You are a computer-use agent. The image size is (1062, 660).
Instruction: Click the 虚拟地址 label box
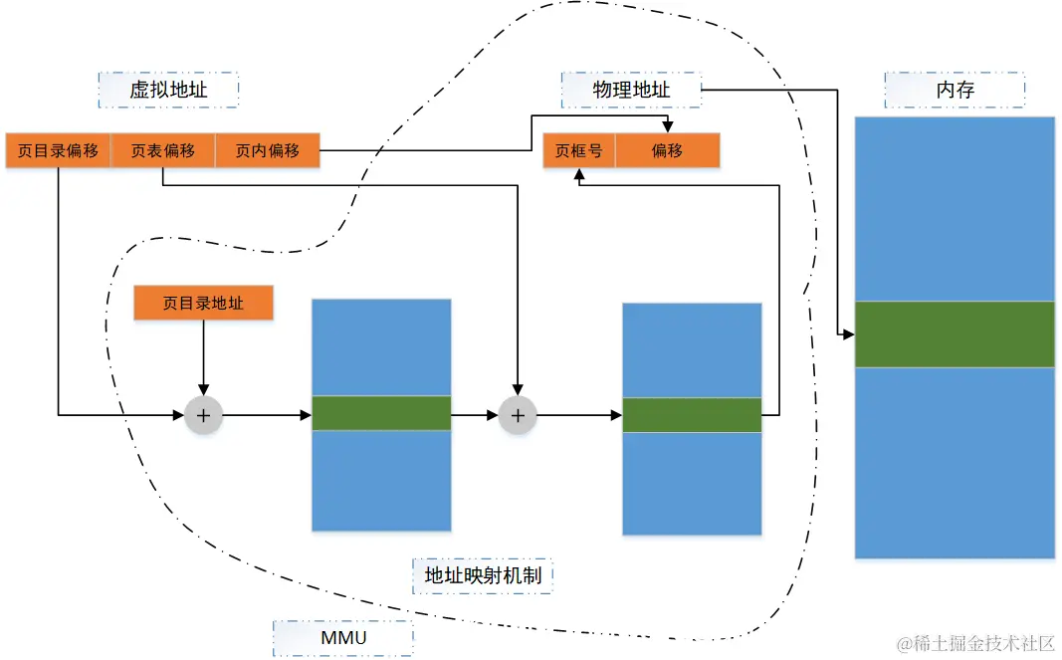tap(168, 90)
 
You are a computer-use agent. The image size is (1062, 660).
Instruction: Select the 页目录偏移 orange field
tap(58, 151)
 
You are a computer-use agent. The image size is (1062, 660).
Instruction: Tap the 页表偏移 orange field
tap(163, 151)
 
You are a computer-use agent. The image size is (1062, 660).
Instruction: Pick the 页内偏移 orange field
tap(268, 151)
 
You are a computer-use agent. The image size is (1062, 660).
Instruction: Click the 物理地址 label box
tap(631, 90)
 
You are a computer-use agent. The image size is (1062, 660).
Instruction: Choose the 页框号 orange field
tap(578, 151)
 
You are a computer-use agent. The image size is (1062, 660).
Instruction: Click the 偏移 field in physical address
tap(667, 151)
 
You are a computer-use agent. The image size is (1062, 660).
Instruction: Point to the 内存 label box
tap(955, 90)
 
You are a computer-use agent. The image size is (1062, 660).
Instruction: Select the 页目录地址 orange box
tap(203, 304)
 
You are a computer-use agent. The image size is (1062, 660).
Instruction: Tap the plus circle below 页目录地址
tap(203, 415)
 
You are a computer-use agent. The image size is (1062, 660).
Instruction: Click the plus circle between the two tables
tap(517, 415)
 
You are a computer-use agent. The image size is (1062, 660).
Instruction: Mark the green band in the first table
tap(381, 413)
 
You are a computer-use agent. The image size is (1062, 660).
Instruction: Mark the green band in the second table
tap(692, 415)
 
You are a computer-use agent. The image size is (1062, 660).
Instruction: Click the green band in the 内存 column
tap(955, 334)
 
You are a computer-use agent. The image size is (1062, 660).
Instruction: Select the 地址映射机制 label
tap(482, 575)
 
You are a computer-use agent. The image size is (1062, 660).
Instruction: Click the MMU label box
tap(342, 637)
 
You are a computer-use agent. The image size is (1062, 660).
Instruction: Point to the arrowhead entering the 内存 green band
tap(848, 334)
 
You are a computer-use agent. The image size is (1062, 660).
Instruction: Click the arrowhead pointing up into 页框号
tap(578, 174)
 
